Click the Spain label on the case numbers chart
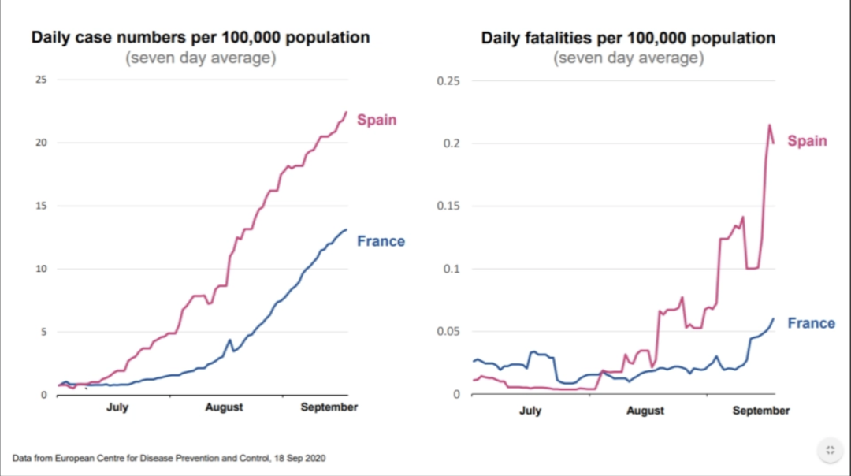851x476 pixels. point(377,120)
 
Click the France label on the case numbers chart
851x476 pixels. point(381,241)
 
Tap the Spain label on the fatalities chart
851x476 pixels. point(807,141)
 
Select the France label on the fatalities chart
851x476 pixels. point(811,323)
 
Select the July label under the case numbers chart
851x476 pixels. point(117,407)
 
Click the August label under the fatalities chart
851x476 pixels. point(645,411)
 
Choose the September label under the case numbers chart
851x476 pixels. point(329,407)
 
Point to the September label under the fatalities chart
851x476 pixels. point(760,411)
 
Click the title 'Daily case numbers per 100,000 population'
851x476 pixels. point(200,37)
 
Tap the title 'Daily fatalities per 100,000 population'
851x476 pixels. point(628,38)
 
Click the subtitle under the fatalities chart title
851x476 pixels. point(628,58)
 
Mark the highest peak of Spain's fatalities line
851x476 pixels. point(769,125)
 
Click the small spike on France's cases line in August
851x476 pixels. point(229,340)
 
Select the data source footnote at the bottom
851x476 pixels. point(169,458)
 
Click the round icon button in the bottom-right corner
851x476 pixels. point(829,451)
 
